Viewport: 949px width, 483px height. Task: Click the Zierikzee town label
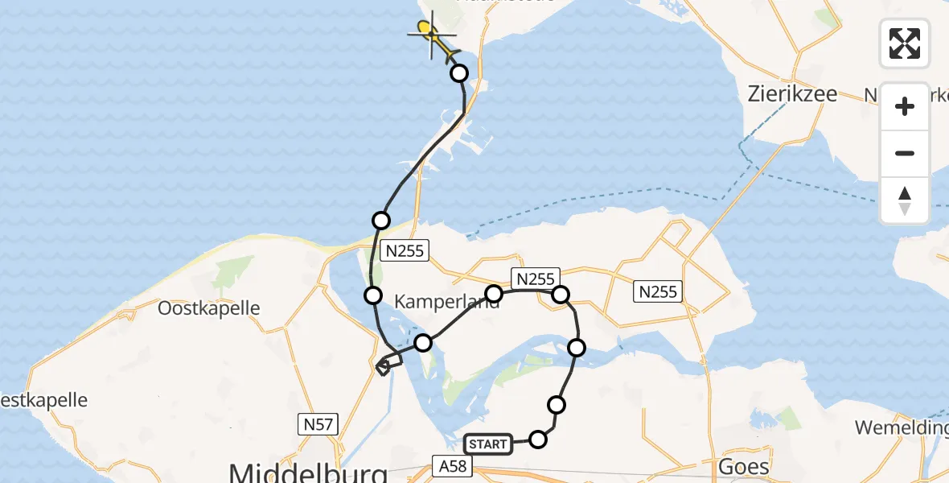point(791,93)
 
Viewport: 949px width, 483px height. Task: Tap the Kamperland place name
point(446,300)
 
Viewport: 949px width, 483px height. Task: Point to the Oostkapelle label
point(209,308)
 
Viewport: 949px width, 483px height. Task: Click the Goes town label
point(745,466)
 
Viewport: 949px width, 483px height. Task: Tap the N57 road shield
point(320,424)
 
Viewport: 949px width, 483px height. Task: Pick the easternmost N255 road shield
point(658,291)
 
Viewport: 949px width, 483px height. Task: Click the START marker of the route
point(488,444)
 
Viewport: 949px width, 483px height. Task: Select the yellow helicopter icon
point(433,37)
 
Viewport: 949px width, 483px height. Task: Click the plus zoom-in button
point(905,106)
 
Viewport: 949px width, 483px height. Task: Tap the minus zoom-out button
point(905,153)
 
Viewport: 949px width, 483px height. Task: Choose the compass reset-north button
point(905,200)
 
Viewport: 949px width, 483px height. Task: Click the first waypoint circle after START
point(538,439)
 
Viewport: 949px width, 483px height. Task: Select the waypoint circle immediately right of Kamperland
point(494,293)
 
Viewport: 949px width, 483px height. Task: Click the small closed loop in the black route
point(384,367)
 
